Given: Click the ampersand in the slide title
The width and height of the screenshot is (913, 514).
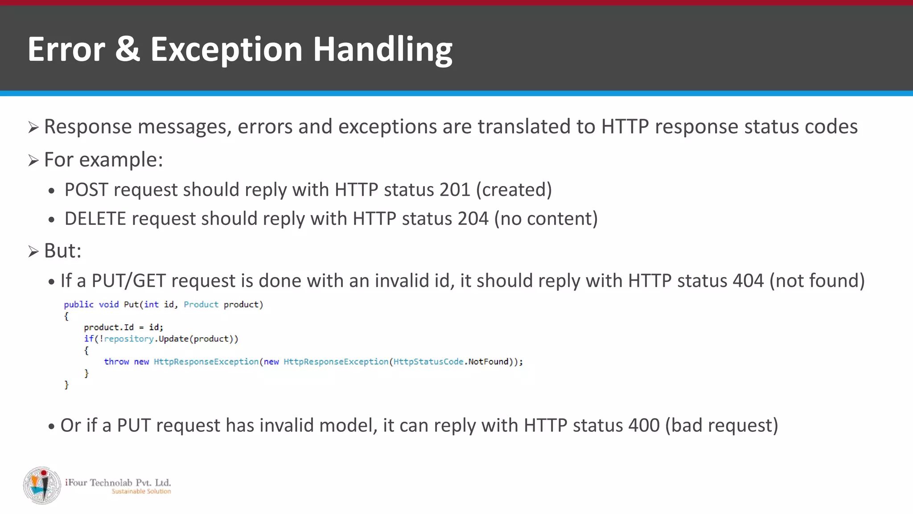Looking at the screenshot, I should click(127, 49).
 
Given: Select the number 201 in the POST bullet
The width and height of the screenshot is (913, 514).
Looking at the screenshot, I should click(454, 190).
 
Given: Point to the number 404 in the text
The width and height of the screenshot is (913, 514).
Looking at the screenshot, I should click(748, 281).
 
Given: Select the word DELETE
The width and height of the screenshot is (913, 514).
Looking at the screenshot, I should click(95, 219).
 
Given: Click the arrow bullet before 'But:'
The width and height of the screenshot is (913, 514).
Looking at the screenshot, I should click(33, 252).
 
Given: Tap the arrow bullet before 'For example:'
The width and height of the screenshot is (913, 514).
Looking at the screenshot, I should click(33, 161).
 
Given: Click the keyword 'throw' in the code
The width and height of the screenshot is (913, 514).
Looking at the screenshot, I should click(116, 362).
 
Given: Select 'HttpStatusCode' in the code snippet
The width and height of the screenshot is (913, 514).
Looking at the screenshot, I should click(428, 362).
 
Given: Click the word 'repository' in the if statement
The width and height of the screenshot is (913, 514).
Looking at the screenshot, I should click(129, 339).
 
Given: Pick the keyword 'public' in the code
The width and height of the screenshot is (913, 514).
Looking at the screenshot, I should click(78, 305).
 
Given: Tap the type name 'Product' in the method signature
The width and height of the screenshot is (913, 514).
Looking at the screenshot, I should click(201, 305).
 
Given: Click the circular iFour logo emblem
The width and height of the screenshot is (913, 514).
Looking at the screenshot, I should click(42, 486).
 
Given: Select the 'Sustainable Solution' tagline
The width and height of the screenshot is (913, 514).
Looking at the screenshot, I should click(141, 492).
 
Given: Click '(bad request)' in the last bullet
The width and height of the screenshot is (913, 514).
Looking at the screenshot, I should click(721, 426).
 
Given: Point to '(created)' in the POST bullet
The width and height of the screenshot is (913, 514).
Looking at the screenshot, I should click(514, 190).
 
